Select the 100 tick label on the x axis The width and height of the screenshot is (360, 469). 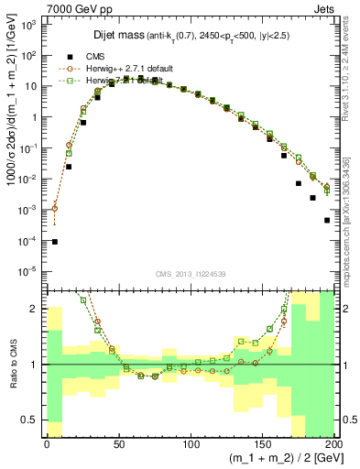190,444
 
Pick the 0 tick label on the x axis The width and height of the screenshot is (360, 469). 47,444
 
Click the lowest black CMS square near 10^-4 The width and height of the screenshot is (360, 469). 55,242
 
